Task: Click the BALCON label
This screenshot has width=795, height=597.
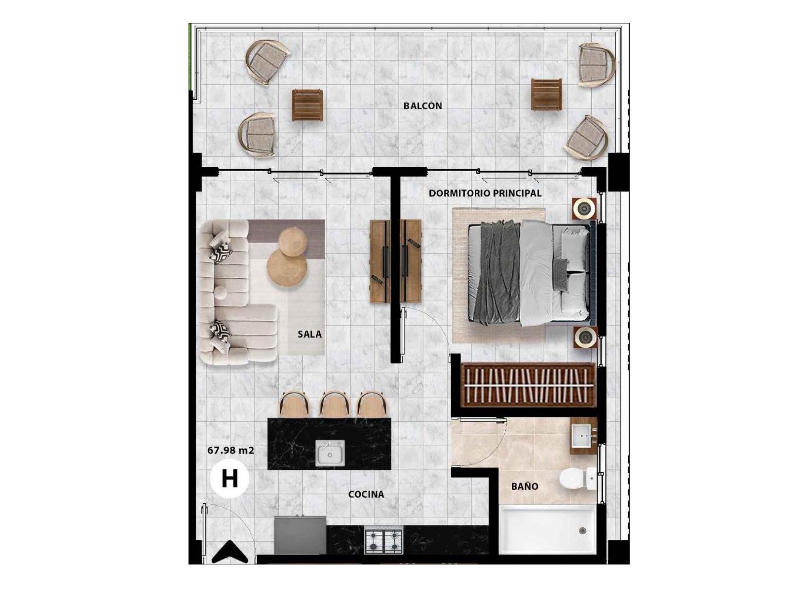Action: coord(423,106)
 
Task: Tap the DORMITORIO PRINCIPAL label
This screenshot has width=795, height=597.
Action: coord(485,193)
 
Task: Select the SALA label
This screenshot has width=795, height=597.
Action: coord(310,334)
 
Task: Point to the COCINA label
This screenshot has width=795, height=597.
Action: coord(366,494)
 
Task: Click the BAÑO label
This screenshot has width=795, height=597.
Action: coord(525,486)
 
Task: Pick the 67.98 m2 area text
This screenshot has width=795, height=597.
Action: coord(230,450)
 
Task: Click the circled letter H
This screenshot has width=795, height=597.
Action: coord(229,479)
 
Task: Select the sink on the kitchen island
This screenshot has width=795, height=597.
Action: coord(330,453)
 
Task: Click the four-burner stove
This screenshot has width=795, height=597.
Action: coord(383,539)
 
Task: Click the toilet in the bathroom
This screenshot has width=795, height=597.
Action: coord(577,479)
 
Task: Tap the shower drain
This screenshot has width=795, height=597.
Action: coord(582,531)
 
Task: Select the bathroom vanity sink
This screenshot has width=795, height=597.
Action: coord(583,436)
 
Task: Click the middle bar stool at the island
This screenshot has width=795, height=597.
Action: coord(335,404)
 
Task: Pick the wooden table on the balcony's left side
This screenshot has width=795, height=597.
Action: coord(307,105)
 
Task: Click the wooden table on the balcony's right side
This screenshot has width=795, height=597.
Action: coord(547,94)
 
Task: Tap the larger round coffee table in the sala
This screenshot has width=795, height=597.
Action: coord(287,268)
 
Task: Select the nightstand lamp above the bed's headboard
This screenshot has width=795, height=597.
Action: coord(584,209)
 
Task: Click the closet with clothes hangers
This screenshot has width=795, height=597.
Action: coord(529,386)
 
